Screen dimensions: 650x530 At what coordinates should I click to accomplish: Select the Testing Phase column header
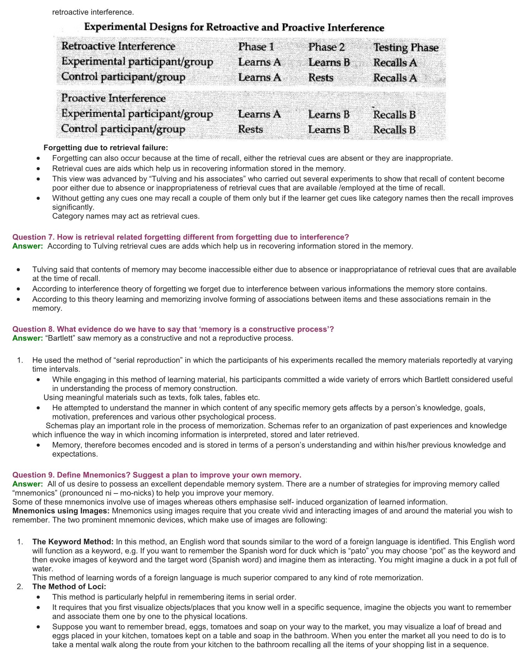click(406, 47)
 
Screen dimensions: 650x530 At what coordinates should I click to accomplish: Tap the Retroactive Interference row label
click(118, 46)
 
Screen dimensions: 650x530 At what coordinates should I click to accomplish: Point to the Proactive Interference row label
click(113, 98)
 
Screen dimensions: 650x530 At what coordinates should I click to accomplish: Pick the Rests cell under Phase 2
click(321, 78)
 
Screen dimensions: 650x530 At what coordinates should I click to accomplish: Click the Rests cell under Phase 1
click(250, 129)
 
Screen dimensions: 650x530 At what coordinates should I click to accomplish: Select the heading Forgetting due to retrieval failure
click(106, 147)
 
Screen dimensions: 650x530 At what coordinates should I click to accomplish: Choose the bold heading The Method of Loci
click(69, 586)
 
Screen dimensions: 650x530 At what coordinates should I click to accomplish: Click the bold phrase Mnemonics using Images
click(61, 511)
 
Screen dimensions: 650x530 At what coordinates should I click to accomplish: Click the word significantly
click(73, 207)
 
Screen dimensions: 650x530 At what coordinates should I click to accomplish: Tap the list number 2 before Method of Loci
click(20, 586)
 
